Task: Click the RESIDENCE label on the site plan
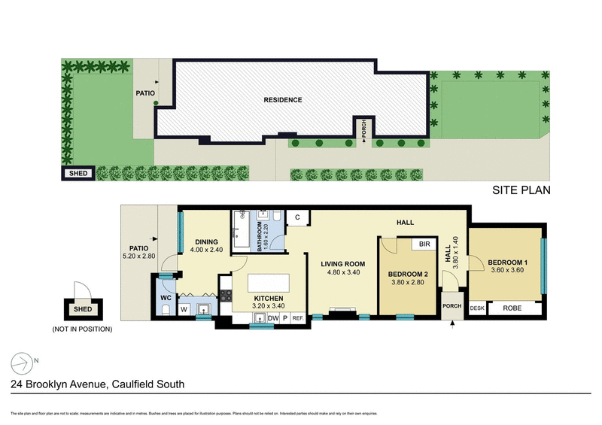pos(283,100)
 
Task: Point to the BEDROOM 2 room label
pos(407,275)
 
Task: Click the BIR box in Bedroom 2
pos(424,244)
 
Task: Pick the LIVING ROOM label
pos(342,264)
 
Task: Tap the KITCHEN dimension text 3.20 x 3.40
pos(269,306)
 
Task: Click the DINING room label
pos(207,242)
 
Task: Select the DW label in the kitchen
pos(272,318)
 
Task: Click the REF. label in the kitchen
pos(297,318)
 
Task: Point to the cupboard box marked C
pos(297,217)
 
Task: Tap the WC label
pos(167,297)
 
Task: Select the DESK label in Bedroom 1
pos(476,308)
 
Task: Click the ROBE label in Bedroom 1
pos(515,308)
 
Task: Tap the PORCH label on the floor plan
pos(451,305)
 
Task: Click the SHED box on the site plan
pos(78,174)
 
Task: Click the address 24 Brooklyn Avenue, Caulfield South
pos(98,384)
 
